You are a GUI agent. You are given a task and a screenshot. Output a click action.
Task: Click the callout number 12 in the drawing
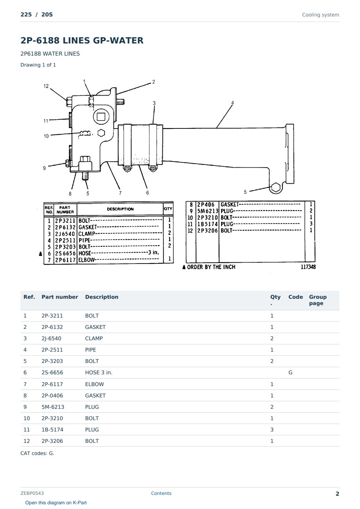pyautogui.click(x=46, y=86)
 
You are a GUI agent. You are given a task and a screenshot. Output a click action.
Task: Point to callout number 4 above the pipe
pyautogui.click(x=232, y=103)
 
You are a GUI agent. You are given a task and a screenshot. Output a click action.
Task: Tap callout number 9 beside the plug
pyautogui.click(x=44, y=168)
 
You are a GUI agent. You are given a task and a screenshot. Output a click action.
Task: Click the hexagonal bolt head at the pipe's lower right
pyautogui.click(x=276, y=188)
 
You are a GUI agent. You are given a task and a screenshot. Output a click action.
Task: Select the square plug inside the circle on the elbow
pyautogui.click(x=101, y=117)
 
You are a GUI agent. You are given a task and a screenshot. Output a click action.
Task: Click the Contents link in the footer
pyautogui.click(x=161, y=493)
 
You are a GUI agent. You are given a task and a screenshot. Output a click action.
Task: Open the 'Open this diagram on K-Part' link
pyautogui.click(x=56, y=502)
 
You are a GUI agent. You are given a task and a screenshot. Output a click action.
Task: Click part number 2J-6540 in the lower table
pyautogui.click(x=51, y=338)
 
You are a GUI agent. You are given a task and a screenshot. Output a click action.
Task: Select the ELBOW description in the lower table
pyautogui.click(x=94, y=384)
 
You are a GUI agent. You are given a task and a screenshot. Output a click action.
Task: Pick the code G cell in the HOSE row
pyautogui.click(x=290, y=372)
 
